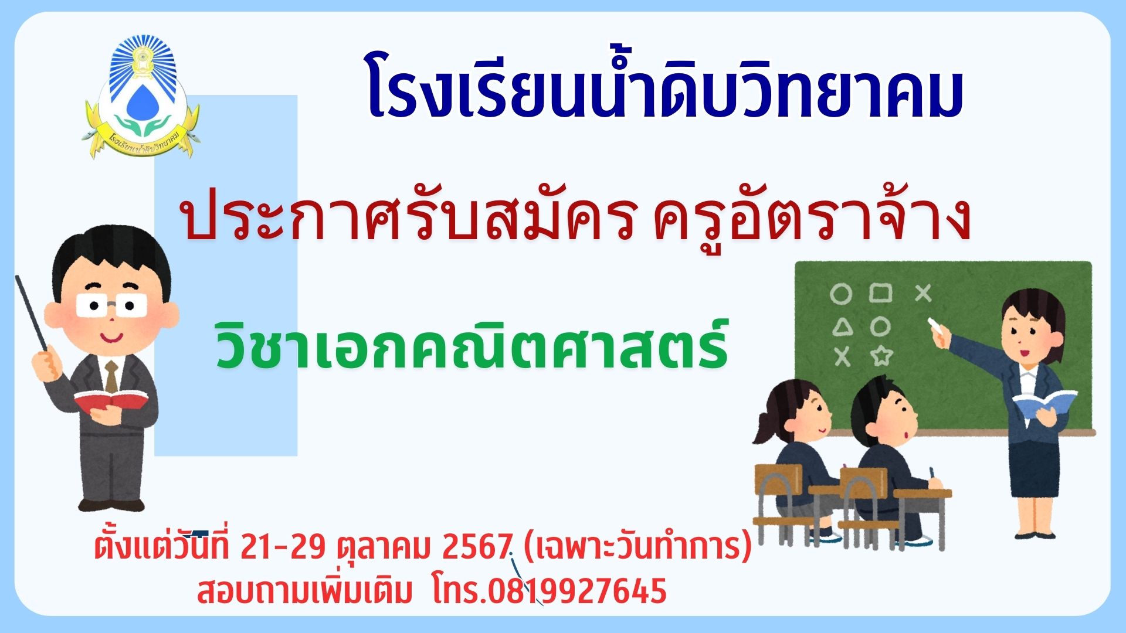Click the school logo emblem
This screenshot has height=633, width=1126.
tap(141, 97)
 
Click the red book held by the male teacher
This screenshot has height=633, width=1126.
tap(110, 402)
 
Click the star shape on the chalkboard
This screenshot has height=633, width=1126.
tap(880, 356)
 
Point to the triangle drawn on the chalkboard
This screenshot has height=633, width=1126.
tap(843, 327)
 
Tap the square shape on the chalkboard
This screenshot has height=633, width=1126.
tap(880, 292)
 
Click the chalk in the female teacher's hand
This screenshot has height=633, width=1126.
tap(934, 322)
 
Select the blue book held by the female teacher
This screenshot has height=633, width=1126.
tap(1044, 403)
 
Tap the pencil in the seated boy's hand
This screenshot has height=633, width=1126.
tap(931, 474)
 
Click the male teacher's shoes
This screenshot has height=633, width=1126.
tap(111, 505)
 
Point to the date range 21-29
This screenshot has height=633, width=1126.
tap(283, 547)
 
